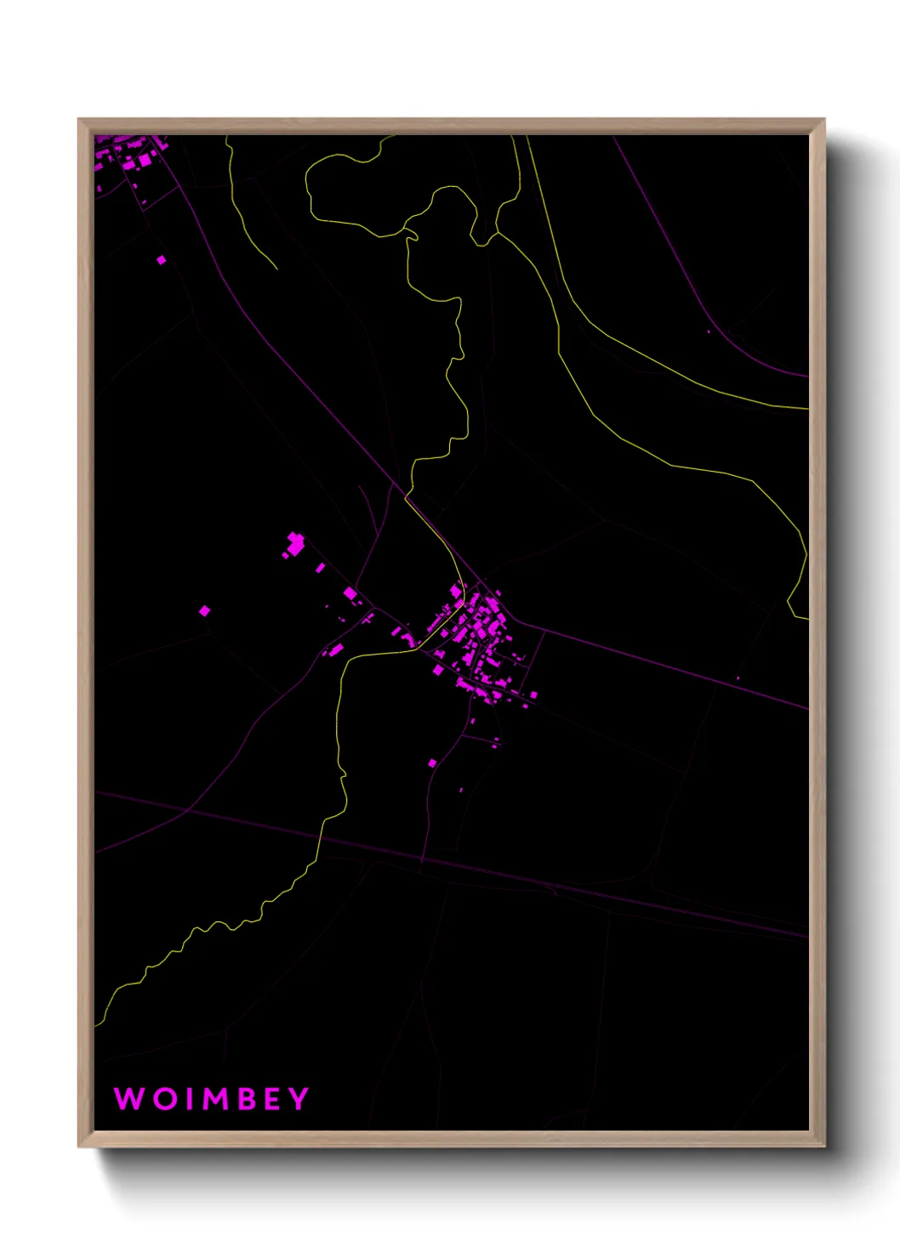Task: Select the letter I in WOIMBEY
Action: point(186,1098)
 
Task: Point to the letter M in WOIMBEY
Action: point(214,1098)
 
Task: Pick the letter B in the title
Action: point(244,1098)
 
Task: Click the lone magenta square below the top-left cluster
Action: point(162,260)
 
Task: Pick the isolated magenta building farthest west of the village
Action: point(204,610)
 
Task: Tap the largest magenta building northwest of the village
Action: point(295,544)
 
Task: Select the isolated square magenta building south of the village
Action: point(432,762)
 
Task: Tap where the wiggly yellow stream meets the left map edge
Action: point(96,1025)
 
